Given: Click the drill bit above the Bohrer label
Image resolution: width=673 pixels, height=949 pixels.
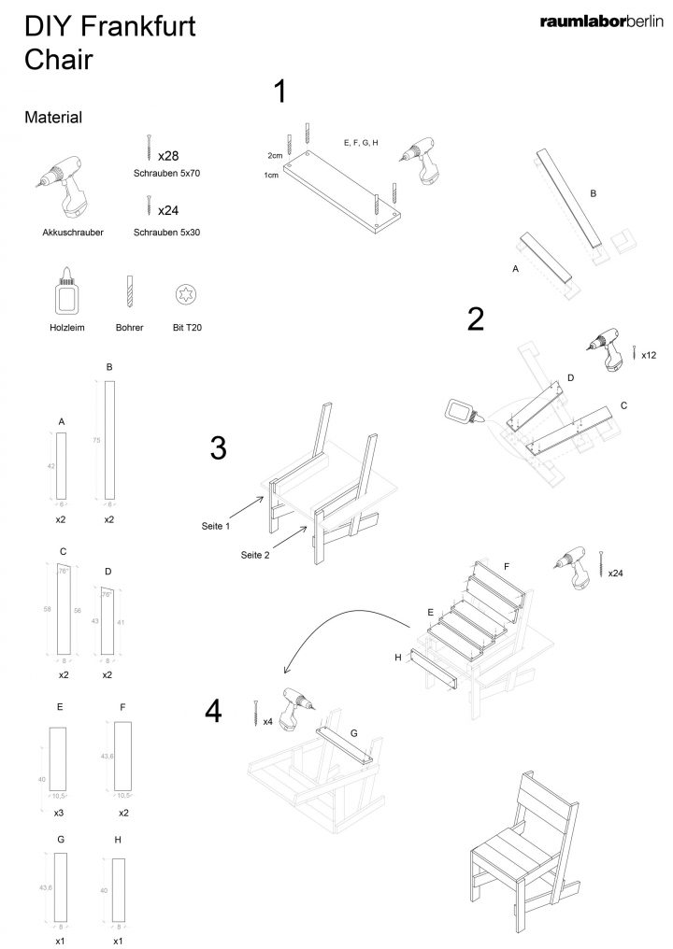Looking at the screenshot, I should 129,292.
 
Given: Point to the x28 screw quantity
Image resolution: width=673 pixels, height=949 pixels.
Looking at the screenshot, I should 168,155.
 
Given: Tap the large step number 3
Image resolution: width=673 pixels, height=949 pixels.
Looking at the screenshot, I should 218,448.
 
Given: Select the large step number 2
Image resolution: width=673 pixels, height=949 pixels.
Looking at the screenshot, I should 476,319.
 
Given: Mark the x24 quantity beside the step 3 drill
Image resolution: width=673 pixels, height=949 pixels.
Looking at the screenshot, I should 616,572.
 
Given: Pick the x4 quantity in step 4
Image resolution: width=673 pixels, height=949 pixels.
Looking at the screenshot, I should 267,721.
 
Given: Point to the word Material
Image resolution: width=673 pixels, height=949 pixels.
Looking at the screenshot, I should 53,118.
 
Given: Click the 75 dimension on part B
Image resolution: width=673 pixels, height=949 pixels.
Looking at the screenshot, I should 97,440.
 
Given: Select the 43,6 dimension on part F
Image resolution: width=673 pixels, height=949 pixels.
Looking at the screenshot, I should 106,755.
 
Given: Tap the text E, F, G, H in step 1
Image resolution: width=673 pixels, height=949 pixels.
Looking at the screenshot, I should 361,143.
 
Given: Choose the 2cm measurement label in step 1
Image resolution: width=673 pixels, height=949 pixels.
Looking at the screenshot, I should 275,155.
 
